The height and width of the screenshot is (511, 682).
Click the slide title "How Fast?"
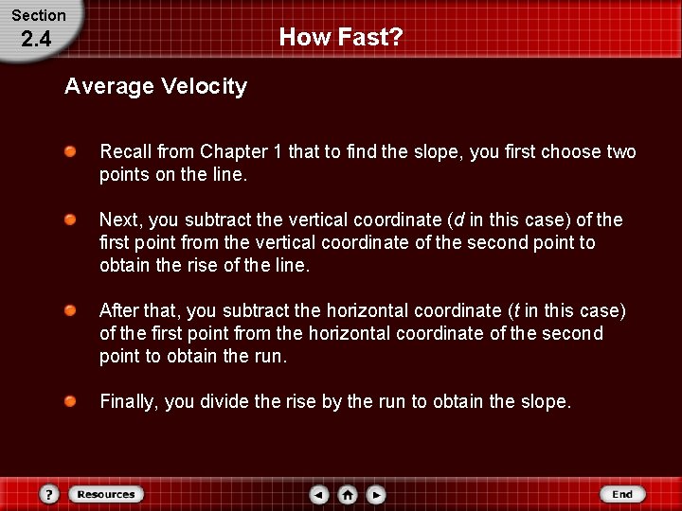(x=341, y=38)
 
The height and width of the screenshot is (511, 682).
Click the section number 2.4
(x=35, y=40)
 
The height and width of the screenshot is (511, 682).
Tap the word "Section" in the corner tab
(x=38, y=15)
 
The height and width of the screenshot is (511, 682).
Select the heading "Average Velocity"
(x=155, y=87)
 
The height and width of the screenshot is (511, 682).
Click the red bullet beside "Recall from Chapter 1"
(x=71, y=151)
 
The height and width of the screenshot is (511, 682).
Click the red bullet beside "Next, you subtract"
(x=71, y=220)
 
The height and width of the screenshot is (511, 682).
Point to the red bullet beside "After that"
(x=71, y=310)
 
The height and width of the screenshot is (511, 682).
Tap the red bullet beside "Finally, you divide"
(x=71, y=401)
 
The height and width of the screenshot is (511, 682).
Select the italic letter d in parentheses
(x=459, y=220)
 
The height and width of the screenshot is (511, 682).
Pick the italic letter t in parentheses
(x=514, y=311)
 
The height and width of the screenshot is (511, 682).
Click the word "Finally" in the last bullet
(x=130, y=402)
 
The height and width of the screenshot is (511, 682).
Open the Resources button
(x=106, y=494)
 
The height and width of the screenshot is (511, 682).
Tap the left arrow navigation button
(x=319, y=494)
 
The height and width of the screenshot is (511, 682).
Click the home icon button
(x=348, y=494)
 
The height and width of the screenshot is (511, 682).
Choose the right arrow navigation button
(x=376, y=494)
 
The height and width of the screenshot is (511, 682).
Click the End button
(x=622, y=494)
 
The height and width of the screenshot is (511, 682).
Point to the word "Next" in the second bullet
(x=119, y=220)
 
